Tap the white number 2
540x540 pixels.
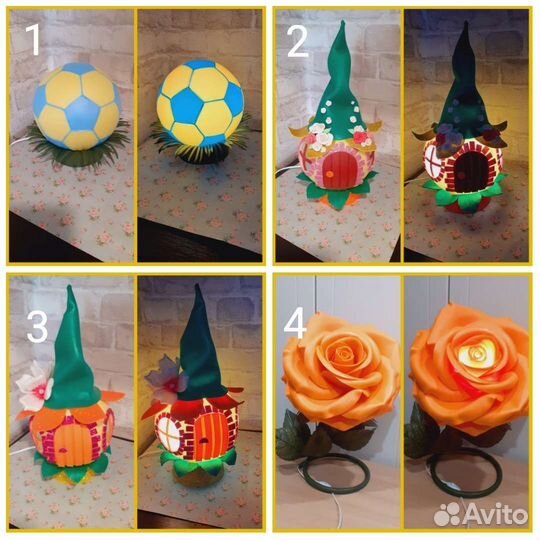(x=298, y=42)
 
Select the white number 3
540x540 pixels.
(x=37, y=327)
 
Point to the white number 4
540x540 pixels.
(x=295, y=323)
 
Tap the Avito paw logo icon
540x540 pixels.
(x=447, y=515)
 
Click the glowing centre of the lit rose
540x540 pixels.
(x=476, y=353)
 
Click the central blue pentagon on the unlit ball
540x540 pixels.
(x=82, y=114)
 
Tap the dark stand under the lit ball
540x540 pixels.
(x=201, y=157)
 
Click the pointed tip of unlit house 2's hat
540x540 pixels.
(x=342, y=21)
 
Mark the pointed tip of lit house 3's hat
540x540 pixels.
(x=197, y=285)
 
